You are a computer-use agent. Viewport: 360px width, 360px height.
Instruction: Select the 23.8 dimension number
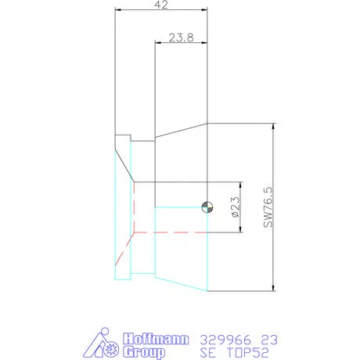(181, 37)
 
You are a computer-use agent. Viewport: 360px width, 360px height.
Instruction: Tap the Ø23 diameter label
(235, 207)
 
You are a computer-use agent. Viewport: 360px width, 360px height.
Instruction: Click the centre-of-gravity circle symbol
(207, 206)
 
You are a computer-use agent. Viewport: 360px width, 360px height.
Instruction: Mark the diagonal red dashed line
(124, 248)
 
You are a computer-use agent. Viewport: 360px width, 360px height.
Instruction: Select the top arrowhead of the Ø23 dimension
(238, 185)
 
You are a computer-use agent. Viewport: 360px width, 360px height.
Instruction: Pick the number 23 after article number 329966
(268, 340)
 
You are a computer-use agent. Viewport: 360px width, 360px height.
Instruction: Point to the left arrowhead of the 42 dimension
(118, 10)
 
